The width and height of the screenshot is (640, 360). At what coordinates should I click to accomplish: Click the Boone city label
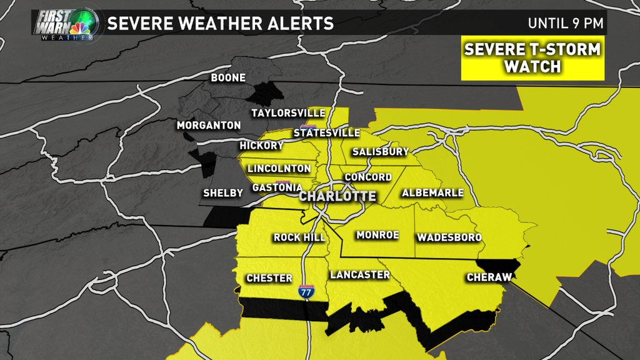click(228, 78)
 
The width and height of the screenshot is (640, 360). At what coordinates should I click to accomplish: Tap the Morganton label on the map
click(209, 126)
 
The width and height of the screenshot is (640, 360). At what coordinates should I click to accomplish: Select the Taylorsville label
click(288, 113)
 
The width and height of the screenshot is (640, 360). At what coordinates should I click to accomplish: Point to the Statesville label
click(326, 133)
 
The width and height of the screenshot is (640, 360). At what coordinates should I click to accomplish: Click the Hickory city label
click(261, 146)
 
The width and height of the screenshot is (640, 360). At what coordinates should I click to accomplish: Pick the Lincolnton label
click(279, 169)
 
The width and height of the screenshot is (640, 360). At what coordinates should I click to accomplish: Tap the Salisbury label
click(380, 152)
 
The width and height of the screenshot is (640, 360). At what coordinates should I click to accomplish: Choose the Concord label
click(368, 177)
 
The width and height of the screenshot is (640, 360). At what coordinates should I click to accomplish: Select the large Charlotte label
click(338, 196)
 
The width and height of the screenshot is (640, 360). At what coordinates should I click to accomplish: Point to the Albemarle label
click(432, 192)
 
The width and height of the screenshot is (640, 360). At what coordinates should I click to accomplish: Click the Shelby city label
click(222, 194)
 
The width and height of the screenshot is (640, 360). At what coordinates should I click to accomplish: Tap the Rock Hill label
click(297, 237)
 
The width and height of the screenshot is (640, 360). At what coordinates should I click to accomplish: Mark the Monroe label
click(377, 236)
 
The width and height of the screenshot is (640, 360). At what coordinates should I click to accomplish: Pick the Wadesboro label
click(449, 237)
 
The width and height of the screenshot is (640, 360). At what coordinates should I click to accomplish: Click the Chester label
click(269, 278)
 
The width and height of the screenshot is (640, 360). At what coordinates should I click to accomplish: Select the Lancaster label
click(359, 275)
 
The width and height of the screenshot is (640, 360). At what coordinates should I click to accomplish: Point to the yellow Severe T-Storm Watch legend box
click(532, 58)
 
